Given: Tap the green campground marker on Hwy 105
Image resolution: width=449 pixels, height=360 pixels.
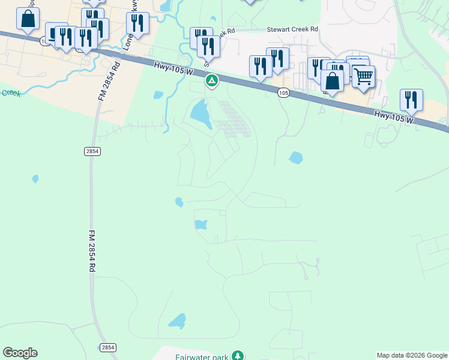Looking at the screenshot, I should (211, 80).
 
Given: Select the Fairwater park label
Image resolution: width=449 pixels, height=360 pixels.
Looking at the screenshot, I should (202, 357).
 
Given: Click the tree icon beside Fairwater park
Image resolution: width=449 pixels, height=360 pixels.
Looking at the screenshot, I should (238, 356).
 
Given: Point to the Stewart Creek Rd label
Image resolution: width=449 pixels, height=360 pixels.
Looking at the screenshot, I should (292, 29).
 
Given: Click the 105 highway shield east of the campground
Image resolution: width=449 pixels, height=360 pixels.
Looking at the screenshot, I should (283, 92).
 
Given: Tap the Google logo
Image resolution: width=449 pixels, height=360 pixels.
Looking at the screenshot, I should (20, 353).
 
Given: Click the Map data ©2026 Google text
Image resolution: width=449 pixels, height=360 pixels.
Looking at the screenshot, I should (412, 355).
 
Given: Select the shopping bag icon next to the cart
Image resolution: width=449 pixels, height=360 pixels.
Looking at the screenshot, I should (332, 81).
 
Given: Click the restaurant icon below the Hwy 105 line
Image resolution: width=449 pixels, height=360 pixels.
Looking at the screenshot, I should (411, 100).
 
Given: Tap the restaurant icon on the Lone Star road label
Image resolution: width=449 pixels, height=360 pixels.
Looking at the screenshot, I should (137, 23).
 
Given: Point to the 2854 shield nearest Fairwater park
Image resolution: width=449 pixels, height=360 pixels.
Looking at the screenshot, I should (107, 347).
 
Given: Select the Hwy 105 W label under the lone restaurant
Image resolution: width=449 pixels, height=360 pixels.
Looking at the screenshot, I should (394, 117).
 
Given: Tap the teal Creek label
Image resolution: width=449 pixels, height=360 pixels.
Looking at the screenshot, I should (10, 93).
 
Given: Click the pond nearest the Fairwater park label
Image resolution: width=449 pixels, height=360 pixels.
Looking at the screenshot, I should (178, 321).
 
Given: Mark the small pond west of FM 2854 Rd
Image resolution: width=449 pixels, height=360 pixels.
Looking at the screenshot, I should (35, 178).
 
